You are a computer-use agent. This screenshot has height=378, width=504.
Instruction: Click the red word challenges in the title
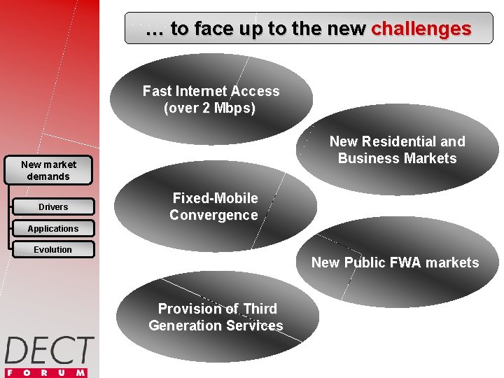[421, 29]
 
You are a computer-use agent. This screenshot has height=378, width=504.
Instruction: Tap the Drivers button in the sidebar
[53, 207]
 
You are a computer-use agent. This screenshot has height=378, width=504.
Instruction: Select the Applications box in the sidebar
[53, 229]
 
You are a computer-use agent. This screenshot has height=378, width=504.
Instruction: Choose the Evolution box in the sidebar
[53, 250]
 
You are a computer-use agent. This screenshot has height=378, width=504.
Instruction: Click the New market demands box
[48, 170]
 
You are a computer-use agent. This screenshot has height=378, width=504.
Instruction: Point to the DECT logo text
[49, 350]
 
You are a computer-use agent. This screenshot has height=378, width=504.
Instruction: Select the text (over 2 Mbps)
[210, 108]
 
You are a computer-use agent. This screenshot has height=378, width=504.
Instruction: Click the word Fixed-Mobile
[215, 198]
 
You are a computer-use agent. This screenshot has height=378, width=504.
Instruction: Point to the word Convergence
[213, 215]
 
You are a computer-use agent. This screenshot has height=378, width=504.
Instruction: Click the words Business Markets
[397, 158]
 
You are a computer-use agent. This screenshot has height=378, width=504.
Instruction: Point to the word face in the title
[213, 29]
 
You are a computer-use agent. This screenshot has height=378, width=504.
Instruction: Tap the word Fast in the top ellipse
[156, 92]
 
